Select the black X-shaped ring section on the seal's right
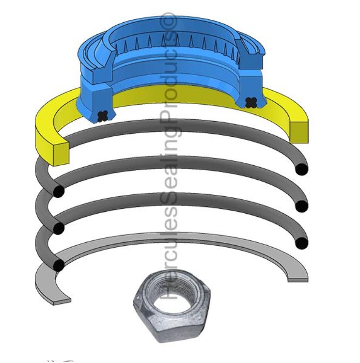[251, 102]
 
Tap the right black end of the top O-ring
[301, 170]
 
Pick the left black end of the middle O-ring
[59, 228]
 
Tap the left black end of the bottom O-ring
[59, 265]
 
